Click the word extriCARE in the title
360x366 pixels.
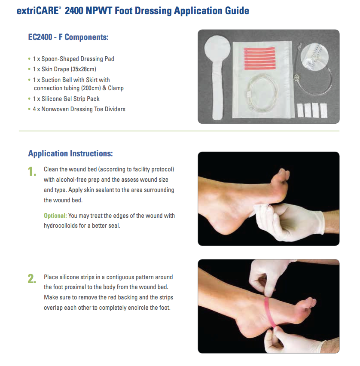(x=37, y=11)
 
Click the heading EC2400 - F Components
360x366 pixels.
(x=68, y=37)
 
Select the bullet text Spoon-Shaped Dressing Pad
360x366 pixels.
(x=78, y=59)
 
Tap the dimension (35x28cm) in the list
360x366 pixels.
(x=83, y=69)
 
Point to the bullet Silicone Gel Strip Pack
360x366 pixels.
(x=70, y=99)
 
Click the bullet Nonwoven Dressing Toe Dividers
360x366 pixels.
(x=83, y=109)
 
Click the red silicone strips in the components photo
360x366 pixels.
(x=260, y=58)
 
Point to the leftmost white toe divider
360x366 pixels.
(x=300, y=110)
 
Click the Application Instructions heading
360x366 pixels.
(x=70, y=154)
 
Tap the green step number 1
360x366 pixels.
(x=32, y=171)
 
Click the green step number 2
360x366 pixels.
(x=32, y=279)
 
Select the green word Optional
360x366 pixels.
(x=55, y=216)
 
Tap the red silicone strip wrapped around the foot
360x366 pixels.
(x=269, y=313)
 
